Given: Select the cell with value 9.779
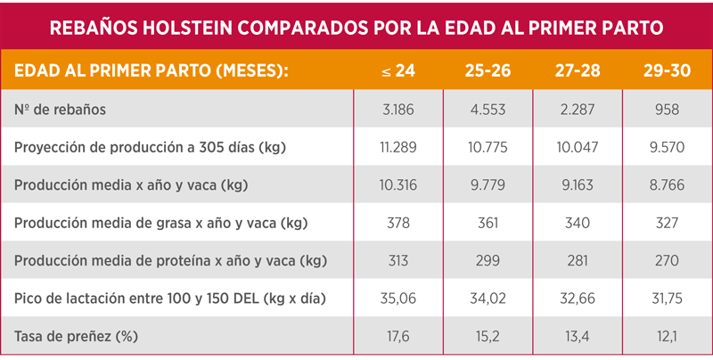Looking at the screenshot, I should [x=487, y=184].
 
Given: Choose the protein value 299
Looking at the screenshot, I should [x=487, y=260].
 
